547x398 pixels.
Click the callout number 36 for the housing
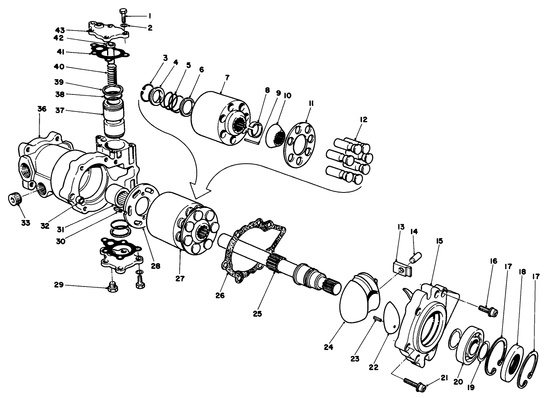pos(42,109)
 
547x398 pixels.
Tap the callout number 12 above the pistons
pos(363,119)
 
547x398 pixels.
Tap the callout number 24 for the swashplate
pos(328,347)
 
